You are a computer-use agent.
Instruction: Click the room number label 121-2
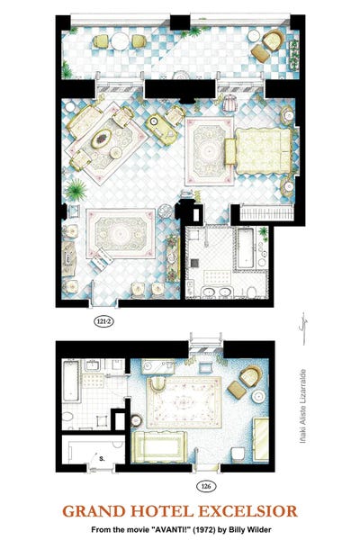coord(103,321)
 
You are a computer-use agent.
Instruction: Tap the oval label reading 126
coord(206,486)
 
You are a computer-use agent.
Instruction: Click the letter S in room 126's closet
coord(102,458)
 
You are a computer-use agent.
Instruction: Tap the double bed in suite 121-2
coord(263,150)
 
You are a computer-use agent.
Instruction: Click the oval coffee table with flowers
coord(102,139)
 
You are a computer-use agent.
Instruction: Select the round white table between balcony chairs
coord(120,41)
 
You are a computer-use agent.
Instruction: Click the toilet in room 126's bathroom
coord(67,418)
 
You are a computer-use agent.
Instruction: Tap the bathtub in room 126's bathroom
coord(72,381)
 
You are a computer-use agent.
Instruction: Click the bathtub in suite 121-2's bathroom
coord(246,248)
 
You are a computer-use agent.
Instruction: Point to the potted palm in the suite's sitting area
coord(76,190)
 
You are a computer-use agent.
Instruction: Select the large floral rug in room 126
coord(184,402)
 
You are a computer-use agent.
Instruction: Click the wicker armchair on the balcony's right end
coord(274,40)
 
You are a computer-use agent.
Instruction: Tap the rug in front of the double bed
coord(209,151)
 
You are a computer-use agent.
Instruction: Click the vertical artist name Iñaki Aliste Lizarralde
coord(302,407)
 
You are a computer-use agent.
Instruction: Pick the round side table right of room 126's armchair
coord(258,397)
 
